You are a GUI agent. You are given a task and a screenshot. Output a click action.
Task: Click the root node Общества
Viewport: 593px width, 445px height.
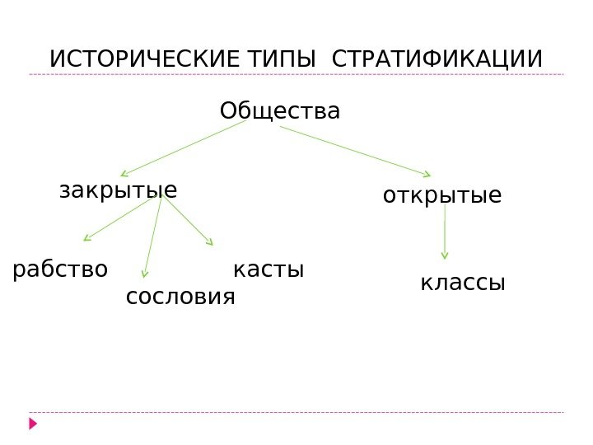tap(279, 110)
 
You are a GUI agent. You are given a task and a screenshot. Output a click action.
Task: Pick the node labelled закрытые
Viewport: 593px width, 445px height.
tap(118, 191)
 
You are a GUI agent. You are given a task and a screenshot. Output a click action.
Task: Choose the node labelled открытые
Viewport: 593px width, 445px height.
tap(441, 196)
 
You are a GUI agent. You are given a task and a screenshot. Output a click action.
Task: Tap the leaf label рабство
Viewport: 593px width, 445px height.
tap(60, 269)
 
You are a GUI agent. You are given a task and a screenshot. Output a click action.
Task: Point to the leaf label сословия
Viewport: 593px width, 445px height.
tap(180, 296)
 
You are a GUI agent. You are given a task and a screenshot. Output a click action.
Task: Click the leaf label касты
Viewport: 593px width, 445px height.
tap(268, 269)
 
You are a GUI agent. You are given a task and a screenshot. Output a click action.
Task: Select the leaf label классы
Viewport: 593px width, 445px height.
tap(462, 283)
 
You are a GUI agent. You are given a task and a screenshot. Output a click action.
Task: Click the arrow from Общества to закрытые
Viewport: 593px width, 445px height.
tap(183, 148)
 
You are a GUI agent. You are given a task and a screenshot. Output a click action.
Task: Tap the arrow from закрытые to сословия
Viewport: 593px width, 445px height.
tap(153, 236)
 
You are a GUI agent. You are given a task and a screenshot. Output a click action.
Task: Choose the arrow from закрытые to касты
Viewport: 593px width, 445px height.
tap(188, 220)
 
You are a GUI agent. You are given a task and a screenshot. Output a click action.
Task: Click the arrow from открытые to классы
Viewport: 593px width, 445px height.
tap(445, 232)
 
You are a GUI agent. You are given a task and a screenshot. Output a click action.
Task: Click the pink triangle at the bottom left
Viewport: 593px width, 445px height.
tap(33, 424)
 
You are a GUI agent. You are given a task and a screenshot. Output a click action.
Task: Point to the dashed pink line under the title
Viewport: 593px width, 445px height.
tap(296, 74)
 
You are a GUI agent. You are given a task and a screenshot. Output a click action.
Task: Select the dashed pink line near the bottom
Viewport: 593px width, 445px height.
tap(296, 412)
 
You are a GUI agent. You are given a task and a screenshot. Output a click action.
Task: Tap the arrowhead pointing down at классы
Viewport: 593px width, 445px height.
tap(445, 255)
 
